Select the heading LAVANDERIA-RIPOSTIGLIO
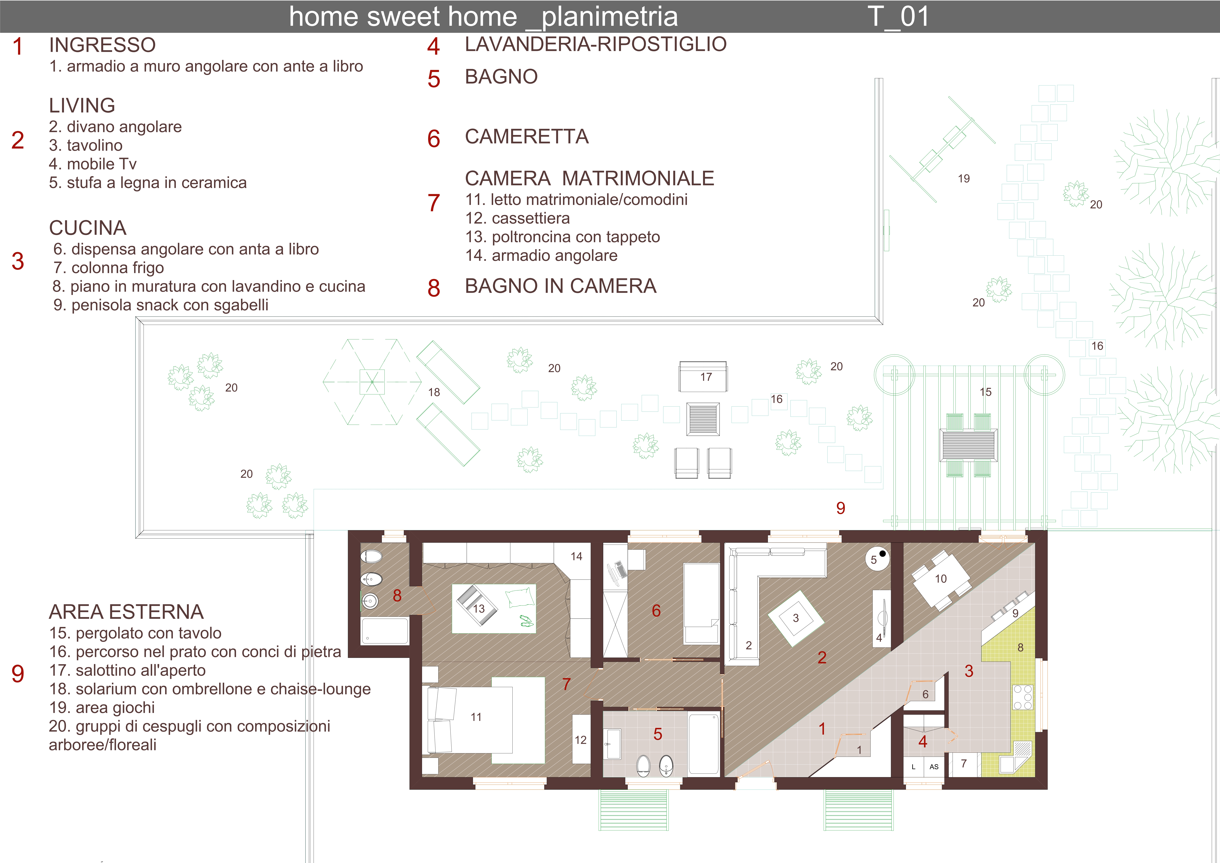(596, 44)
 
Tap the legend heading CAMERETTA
(527, 137)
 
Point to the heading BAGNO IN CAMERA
(561, 286)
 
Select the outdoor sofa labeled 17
(703, 376)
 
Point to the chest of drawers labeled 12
(581, 740)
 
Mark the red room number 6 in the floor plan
(656, 610)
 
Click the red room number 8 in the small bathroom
(397, 595)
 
